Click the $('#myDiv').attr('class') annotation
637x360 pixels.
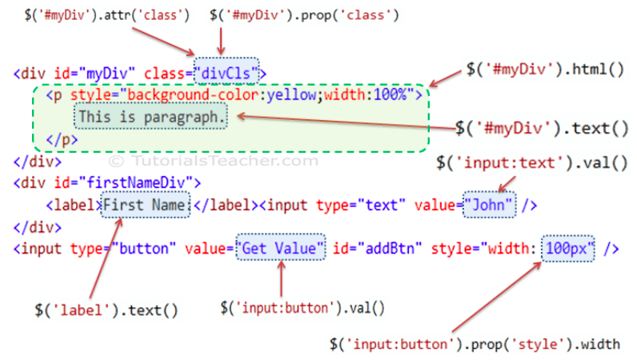[107, 15]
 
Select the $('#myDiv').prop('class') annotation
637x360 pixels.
[304, 15]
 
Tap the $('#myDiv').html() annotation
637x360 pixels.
[545, 70]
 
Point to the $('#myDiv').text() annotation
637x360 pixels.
[542, 129]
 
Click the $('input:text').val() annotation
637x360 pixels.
[532, 163]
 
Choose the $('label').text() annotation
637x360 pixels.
[106, 311]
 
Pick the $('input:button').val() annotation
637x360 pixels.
[302, 308]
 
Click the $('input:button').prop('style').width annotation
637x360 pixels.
[475, 344]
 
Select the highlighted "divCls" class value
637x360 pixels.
[226, 74]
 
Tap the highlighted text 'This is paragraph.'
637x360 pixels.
[150, 117]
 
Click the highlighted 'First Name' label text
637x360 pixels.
[146, 205]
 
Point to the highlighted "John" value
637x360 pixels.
[490, 205]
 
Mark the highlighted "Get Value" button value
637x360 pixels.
[281, 247]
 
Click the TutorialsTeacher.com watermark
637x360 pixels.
[214, 161]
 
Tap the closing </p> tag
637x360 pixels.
[62, 140]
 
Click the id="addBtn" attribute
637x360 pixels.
[378, 248]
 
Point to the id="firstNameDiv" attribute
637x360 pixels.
[127, 183]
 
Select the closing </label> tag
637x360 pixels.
[226, 205]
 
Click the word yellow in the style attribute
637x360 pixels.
[291, 95]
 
